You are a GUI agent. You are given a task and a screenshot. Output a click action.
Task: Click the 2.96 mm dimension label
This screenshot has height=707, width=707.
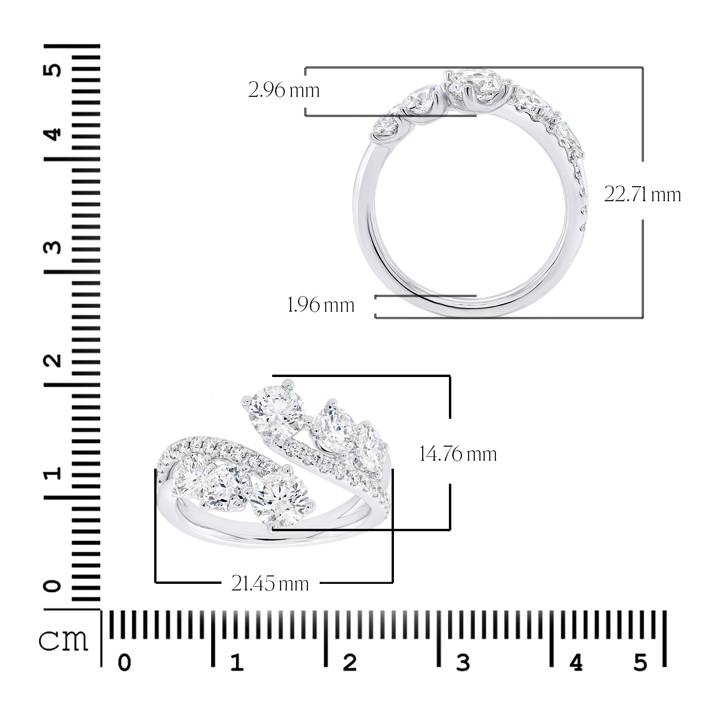click(x=284, y=90)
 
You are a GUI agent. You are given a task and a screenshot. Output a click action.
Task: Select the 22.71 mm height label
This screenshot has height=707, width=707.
click(x=642, y=194)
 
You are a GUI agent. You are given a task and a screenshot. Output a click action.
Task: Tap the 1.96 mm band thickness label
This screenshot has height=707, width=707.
click(x=321, y=305)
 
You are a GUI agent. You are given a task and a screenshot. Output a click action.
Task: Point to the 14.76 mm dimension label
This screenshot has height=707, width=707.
click(x=458, y=454)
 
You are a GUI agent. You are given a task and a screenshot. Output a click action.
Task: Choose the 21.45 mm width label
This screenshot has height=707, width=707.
click(x=270, y=583)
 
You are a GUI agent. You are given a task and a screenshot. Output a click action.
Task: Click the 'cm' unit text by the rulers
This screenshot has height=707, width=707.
click(x=63, y=640)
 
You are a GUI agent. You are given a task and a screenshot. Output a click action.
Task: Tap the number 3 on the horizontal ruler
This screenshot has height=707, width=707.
click(x=463, y=662)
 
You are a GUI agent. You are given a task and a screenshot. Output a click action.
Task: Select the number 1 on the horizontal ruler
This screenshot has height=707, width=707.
click(x=236, y=663)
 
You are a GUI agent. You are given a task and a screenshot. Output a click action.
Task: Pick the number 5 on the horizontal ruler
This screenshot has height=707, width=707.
click(x=640, y=662)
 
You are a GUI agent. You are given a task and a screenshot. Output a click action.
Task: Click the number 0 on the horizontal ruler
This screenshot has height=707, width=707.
click(x=124, y=663)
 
